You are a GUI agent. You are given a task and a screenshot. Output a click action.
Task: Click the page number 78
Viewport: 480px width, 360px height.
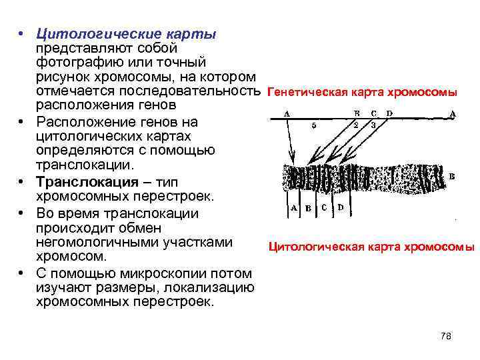tap(446, 336)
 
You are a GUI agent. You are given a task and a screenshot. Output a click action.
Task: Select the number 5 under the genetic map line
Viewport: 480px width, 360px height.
tap(314, 124)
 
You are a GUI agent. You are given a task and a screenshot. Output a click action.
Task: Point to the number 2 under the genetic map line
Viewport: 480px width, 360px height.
tap(357, 124)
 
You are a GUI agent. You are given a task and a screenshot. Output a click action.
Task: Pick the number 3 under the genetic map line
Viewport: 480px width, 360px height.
tap(373, 124)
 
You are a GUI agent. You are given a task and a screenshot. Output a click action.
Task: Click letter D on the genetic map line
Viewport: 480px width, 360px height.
tap(389, 113)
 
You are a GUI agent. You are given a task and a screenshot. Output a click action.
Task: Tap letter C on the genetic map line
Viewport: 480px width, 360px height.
tap(374, 113)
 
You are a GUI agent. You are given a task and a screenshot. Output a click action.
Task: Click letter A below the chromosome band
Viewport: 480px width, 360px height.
tap(294, 207)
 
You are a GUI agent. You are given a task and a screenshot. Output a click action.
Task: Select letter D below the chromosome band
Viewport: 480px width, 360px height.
tap(341, 207)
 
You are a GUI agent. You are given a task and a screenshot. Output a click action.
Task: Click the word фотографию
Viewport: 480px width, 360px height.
tap(73, 63)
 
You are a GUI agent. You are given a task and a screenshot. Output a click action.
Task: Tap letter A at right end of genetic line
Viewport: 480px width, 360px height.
tap(453, 113)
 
